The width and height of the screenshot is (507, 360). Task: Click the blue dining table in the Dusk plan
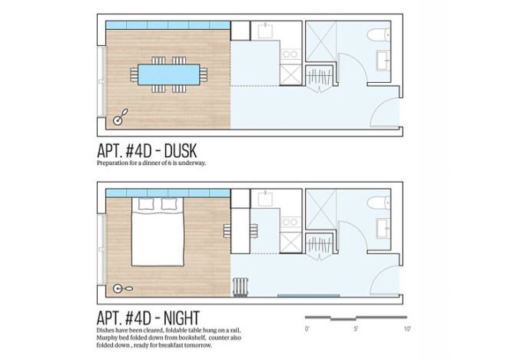click(x=169, y=74)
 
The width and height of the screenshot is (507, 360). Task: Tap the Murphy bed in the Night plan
click(x=157, y=232)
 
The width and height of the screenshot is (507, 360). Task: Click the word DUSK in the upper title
click(x=181, y=151)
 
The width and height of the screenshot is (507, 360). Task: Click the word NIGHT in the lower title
click(x=182, y=319)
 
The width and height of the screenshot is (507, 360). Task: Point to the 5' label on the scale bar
click(x=356, y=329)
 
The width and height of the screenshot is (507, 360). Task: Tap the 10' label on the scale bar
click(x=407, y=329)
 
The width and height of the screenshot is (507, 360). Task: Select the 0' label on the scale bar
click(x=307, y=329)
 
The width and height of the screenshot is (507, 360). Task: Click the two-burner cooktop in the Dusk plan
click(x=290, y=54)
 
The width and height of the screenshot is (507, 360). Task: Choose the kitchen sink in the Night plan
click(x=265, y=198)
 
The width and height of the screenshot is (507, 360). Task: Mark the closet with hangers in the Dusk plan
click(x=320, y=77)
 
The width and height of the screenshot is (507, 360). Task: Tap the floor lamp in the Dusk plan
click(x=121, y=117)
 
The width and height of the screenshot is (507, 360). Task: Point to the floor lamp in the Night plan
click(x=123, y=289)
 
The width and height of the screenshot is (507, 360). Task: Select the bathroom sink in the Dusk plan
click(x=384, y=61)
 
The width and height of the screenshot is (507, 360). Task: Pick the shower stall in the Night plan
click(x=321, y=209)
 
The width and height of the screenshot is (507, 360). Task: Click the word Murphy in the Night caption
click(x=106, y=338)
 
